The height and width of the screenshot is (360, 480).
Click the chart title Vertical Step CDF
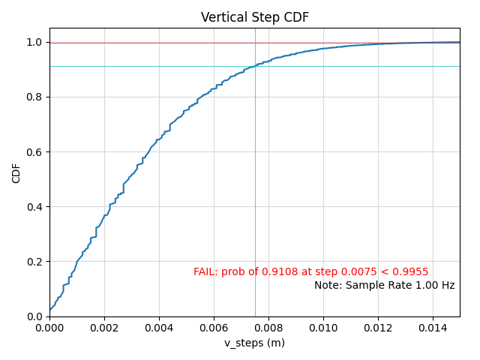point(255,17)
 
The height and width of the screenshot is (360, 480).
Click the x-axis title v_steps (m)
point(254,343)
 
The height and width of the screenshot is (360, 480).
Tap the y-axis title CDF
point(16,172)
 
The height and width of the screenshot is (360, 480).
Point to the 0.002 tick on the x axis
point(104,327)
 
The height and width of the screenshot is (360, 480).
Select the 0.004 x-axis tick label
point(159,327)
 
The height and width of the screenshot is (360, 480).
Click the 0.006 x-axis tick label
point(214,327)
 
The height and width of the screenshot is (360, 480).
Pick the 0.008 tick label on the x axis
point(268,327)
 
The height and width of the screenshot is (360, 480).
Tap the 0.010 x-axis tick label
point(323,327)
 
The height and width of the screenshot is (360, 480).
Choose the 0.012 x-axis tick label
point(378,327)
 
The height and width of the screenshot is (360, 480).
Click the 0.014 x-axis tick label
point(433,327)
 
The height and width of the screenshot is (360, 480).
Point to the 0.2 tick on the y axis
point(34,262)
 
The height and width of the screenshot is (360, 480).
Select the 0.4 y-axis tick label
point(34,207)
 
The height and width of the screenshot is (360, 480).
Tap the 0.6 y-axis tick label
point(34,152)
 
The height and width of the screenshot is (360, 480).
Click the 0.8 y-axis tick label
point(34,97)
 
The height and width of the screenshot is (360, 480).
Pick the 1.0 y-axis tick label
point(34,43)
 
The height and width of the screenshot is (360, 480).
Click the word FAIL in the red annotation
point(205,272)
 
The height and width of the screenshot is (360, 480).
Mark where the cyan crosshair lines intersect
point(255,66)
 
